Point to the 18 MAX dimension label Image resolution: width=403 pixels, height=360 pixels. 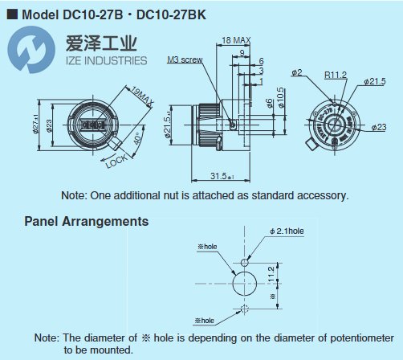tap(234, 39)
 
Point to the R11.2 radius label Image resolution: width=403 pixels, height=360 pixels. tap(336, 75)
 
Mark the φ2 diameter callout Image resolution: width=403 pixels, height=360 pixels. tap(295, 73)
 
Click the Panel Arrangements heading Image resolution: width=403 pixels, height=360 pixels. tap(86, 220)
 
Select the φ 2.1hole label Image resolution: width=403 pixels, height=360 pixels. tap(287, 231)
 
